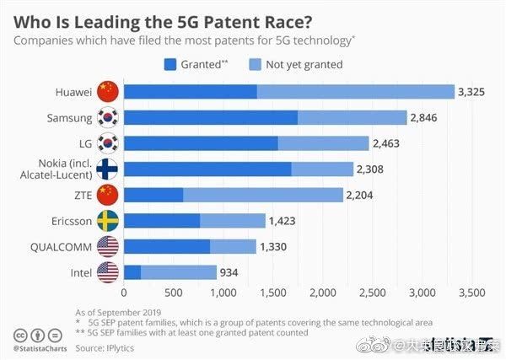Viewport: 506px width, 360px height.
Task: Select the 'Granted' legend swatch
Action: (170, 62)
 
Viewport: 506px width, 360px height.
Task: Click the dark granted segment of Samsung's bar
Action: (210, 117)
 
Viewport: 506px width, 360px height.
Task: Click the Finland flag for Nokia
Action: (109, 169)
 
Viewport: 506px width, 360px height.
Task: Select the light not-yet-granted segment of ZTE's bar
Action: (262, 196)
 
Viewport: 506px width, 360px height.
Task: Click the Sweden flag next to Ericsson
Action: (109, 221)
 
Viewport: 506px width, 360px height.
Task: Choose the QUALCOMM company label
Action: (59, 246)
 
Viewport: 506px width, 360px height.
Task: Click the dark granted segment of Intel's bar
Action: (132, 272)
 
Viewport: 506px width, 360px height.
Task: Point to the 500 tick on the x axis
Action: (174, 293)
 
